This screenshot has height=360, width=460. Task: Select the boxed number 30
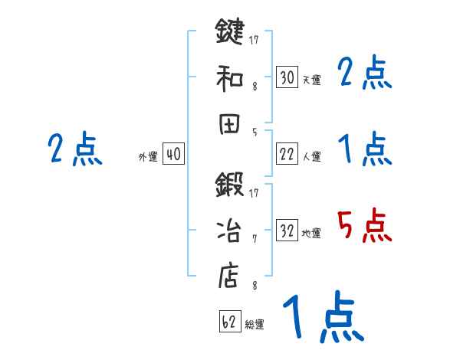click(287, 77)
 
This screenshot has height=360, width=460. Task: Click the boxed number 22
click(287, 155)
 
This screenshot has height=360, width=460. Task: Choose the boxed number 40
click(173, 155)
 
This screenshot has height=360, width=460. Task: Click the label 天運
click(311, 80)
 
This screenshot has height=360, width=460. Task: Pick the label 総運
click(255, 324)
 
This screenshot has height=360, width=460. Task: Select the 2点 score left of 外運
click(74, 149)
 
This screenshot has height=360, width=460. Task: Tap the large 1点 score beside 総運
click(322, 317)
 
